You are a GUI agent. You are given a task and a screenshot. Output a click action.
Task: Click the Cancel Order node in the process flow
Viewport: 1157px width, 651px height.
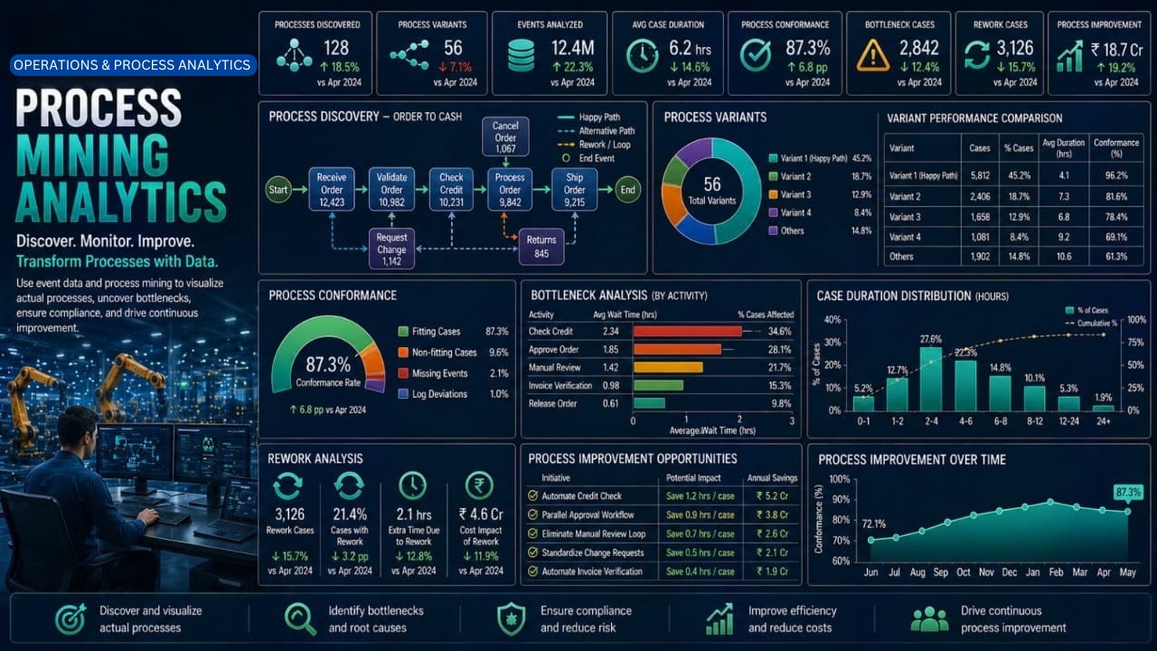[505, 137]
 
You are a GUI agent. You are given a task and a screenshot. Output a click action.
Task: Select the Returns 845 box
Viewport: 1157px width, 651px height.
[541, 247]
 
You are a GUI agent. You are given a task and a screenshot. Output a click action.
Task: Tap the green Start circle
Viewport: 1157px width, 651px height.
[277, 190]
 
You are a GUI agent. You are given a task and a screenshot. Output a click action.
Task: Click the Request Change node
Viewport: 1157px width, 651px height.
[391, 249]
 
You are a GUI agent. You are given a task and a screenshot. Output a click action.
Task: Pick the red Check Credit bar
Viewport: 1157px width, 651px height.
[688, 331]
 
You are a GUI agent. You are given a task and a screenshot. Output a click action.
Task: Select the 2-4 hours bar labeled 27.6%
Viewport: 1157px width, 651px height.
[931, 379]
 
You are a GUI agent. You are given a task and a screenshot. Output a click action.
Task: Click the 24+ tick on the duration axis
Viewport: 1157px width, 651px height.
[1104, 421]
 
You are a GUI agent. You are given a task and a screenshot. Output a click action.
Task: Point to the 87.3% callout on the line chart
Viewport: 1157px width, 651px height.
[1128, 493]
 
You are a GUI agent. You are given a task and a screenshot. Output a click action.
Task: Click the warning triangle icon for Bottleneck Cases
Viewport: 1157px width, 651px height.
[872, 55]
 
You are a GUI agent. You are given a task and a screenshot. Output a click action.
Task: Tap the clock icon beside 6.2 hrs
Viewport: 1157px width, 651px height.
[642, 56]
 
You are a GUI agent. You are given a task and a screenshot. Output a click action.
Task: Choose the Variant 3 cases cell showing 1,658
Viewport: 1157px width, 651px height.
[980, 217]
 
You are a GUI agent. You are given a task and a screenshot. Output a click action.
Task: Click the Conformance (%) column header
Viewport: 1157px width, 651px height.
[1116, 147]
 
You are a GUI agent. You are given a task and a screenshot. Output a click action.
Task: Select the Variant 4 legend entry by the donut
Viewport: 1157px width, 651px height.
[790, 212]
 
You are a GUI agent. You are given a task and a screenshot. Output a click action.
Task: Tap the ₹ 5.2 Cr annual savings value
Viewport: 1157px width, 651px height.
[772, 496]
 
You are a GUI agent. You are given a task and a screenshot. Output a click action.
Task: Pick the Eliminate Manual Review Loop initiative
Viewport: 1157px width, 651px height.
[594, 533]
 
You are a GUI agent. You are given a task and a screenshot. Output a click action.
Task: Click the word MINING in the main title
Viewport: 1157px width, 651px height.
[93, 155]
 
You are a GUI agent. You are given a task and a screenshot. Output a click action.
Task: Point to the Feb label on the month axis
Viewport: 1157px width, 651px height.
[1056, 572]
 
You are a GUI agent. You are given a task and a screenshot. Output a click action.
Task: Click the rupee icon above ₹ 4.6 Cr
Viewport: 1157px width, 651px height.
[479, 486]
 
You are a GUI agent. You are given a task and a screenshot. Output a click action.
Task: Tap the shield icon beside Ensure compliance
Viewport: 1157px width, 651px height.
[511, 618]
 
